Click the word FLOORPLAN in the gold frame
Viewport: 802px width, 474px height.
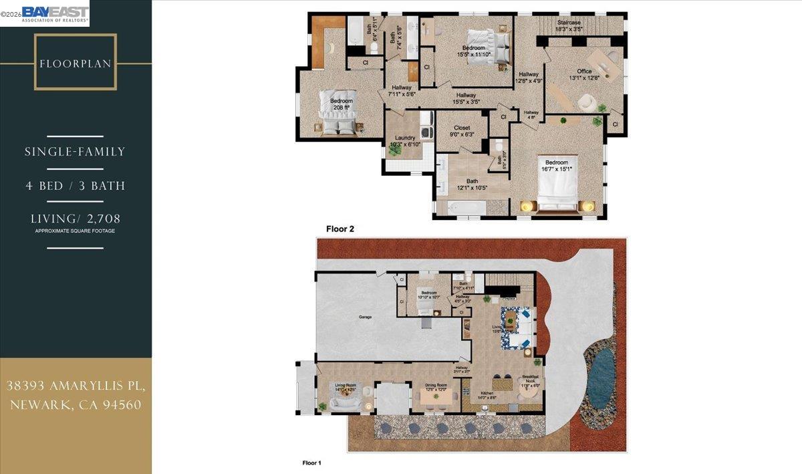point(76,64)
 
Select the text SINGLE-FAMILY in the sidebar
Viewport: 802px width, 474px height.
point(75,152)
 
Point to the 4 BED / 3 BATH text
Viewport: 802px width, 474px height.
point(75,186)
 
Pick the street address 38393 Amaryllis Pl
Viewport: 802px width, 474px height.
point(76,386)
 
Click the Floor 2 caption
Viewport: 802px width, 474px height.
point(340,229)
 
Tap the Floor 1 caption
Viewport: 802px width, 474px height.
point(312,462)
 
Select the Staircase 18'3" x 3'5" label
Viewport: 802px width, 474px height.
point(569,26)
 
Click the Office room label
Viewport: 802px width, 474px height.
point(584,74)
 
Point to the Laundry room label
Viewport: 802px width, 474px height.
point(405,141)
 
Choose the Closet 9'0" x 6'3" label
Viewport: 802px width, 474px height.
point(462,130)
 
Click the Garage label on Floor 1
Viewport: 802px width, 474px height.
point(365,317)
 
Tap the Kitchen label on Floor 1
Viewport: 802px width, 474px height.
point(487,395)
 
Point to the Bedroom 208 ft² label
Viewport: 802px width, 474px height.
point(341,104)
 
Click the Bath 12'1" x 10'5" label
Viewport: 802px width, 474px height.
point(472,184)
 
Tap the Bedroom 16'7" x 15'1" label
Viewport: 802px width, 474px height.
point(556,165)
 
